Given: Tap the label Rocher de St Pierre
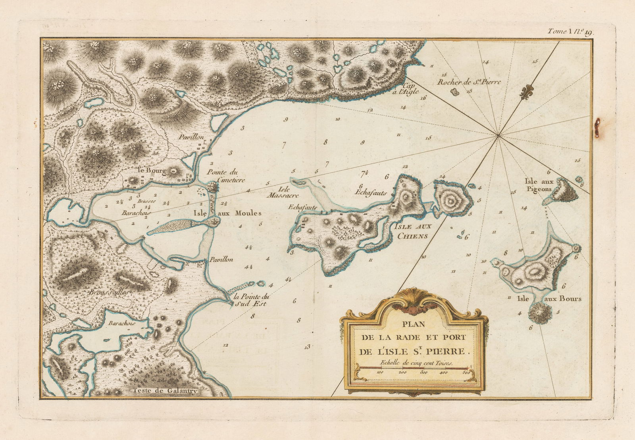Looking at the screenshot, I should (469, 83).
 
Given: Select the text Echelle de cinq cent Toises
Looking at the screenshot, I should (416, 362).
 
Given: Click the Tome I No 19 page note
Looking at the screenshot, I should (570, 32).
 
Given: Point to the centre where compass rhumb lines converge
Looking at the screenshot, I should (498, 136).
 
